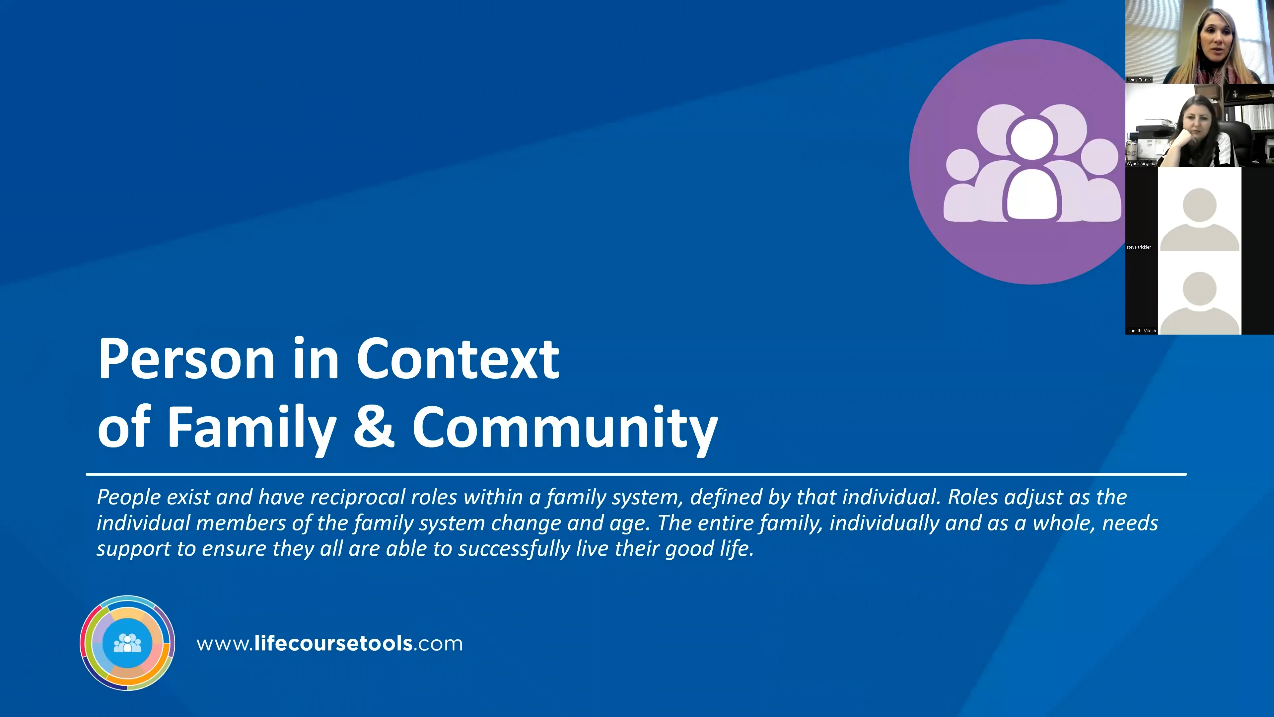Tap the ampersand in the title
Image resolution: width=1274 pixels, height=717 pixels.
pyautogui.click(x=374, y=427)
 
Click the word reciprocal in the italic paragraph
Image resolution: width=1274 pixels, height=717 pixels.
pyautogui.click(x=356, y=497)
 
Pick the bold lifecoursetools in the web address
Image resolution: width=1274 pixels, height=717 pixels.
pyautogui.click(x=333, y=644)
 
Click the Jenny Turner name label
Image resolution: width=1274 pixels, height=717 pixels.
pyautogui.click(x=1139, y=80)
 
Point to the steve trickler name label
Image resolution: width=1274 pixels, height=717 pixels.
pyautogui.click(x=1139, y=247)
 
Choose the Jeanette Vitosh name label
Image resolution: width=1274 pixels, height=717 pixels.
pyautogui.click(x=1141, y=331)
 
